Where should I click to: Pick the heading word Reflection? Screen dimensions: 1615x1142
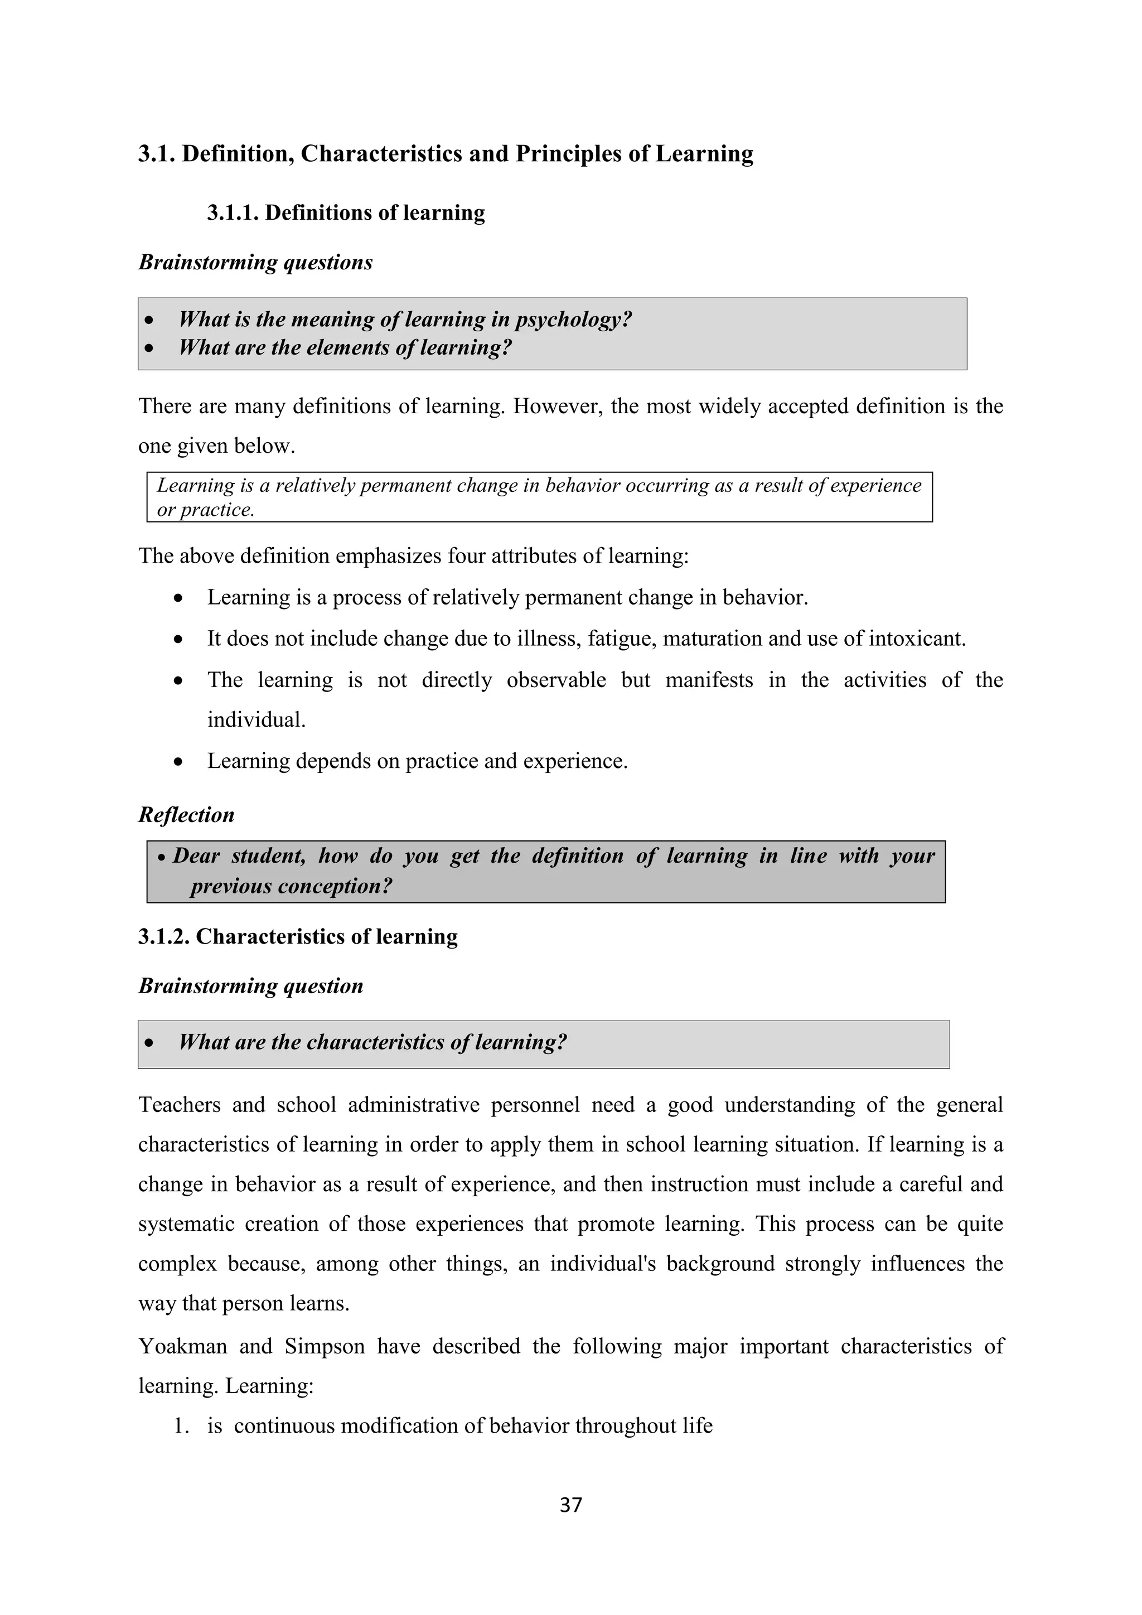186,815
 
